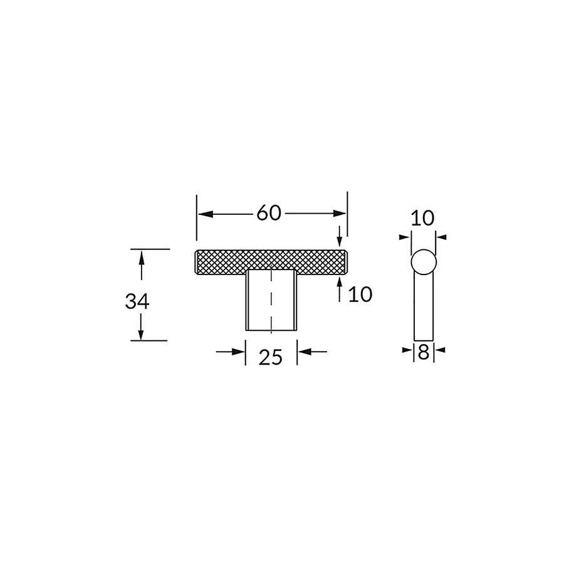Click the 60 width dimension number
click(x=268, y=213)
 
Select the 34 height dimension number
click(x=137, y=301)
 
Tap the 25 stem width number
click(x=271, y=357)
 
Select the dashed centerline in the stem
click(x=271, y=301)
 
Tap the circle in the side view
click(x=424, y=262)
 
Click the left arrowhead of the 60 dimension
click(x=203, y=214)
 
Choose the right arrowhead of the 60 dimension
click(x=341, y=214)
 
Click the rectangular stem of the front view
click(x=257, y=301)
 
